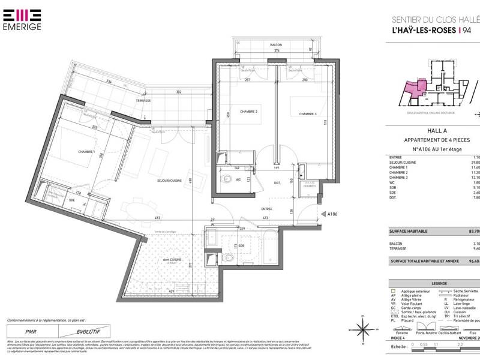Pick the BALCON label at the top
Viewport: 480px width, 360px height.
(x=260, y=45)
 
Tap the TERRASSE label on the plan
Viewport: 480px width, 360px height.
(x=143, y=100)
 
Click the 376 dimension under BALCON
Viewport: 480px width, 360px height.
(x=260, y=51)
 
